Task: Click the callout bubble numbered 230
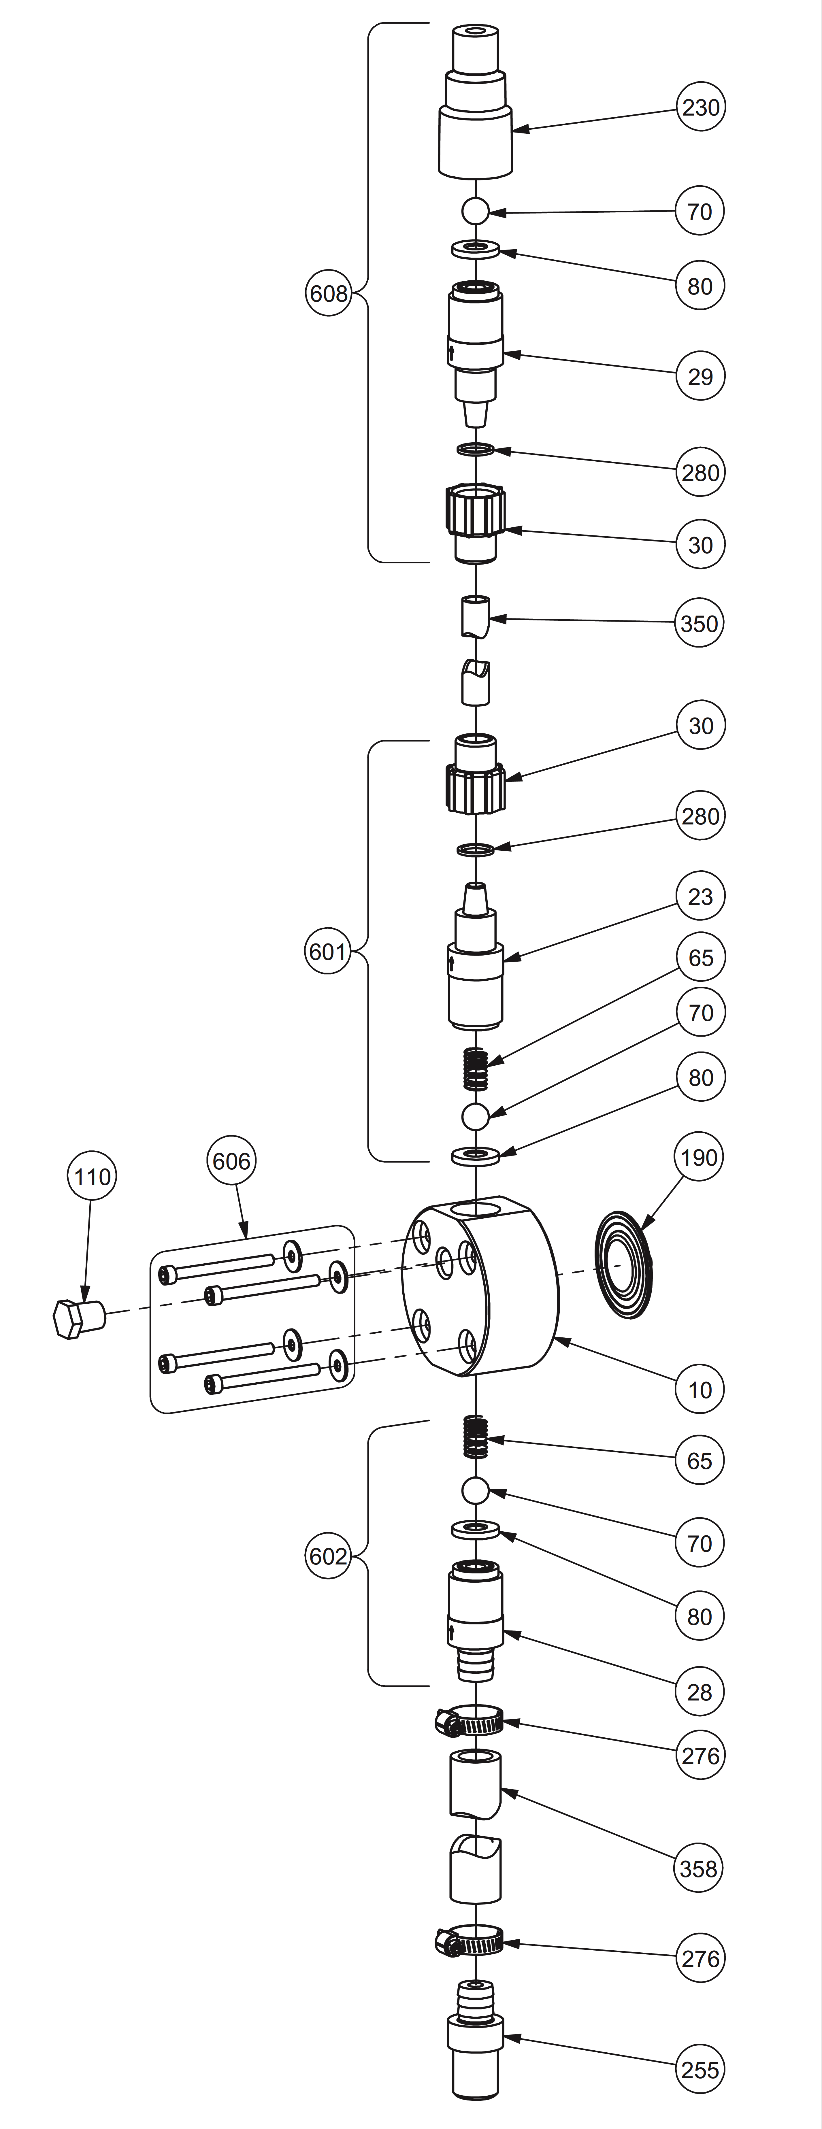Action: point(700,107)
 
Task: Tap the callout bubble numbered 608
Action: point(328,293)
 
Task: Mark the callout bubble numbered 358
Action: point(699,1868)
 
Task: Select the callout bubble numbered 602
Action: point(328,1556)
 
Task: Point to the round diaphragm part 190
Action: point(623,1264)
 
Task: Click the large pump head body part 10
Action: point(480,1285)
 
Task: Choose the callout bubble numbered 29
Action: point(700,376)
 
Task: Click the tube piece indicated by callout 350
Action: point(475,616)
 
